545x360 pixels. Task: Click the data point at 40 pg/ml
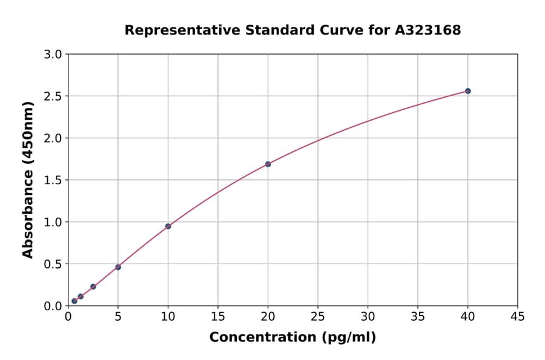coord(467,91)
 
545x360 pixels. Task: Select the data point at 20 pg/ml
coord(268,164)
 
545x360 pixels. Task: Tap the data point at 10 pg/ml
coord(168,226)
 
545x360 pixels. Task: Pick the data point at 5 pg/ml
coord(118,267)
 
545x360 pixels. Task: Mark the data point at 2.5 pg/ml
coord(93,286)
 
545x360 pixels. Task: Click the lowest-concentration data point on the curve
coord(74,301)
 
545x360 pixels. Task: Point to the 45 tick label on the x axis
coord(518,316)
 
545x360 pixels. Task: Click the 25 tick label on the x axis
coord(318,316)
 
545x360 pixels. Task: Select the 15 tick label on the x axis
coord(218,316)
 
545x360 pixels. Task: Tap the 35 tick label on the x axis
coord(418,316)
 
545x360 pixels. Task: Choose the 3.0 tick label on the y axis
coord(53,55)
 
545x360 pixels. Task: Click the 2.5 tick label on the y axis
coord(53,96)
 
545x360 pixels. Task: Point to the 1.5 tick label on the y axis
coord(53,180)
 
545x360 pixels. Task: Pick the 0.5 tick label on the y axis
coord(53,264)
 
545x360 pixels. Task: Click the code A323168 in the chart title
coord(429,30)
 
